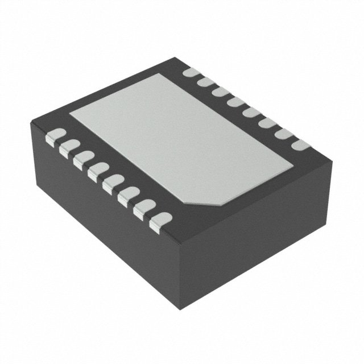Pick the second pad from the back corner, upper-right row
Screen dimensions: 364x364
(205, 83)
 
